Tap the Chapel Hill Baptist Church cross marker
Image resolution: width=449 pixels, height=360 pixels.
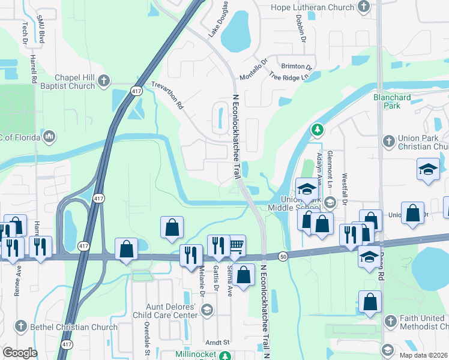(104, 80)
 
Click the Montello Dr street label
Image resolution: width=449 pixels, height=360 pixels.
(253, 70)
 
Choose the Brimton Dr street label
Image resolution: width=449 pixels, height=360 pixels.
(297, 67)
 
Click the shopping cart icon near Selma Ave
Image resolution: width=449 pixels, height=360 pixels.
(237, 244)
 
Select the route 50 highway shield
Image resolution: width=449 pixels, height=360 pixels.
(282, 256)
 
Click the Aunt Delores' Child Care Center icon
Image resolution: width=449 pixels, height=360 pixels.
(207, 310)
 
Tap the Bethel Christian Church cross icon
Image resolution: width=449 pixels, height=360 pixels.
(20, 326)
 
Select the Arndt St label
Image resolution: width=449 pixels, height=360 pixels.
(218, 342)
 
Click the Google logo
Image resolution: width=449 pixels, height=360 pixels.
(20, 353)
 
